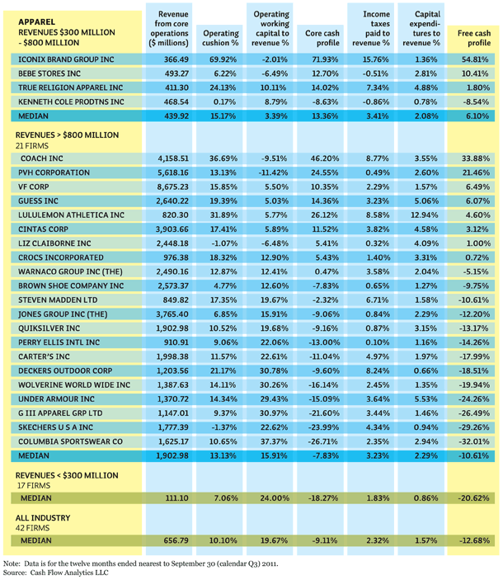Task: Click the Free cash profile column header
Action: click(x=474, y=38)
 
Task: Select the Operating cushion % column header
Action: click(x=221, y=38)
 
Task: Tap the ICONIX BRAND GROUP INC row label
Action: click(x=66, y=59)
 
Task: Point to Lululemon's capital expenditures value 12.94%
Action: click(x=425, y=215)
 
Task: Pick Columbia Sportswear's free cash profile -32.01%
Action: click(x=474, y=441)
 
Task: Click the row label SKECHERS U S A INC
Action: click(x=56, y=427)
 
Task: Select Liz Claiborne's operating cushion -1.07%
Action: click(x=223, y=243)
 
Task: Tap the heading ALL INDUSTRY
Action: click(x=43, y=517)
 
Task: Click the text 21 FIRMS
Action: click(x=32, y=146)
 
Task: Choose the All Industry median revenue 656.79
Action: click(x=176, y=540)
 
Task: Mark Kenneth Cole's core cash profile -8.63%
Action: click(x=324, y=101)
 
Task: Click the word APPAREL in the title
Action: click(x=36, y=21)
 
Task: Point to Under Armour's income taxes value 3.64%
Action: click(x=378, y=399)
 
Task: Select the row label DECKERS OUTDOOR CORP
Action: click(x=65, y=370)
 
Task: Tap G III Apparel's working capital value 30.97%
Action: click(x=274, y=413)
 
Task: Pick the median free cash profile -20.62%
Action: click(x=474, y=497)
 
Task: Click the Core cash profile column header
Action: click(x=322, y=38)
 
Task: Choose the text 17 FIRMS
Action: click(x=34, y=485)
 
